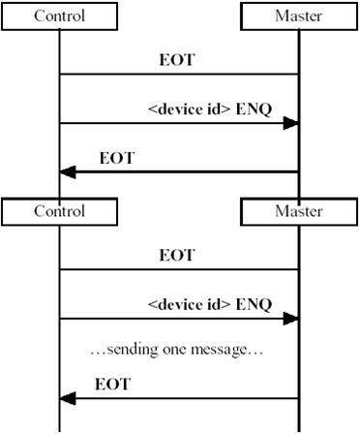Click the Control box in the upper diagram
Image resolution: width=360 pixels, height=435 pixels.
(59, 16)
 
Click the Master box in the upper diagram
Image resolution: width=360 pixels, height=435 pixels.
(298, 16)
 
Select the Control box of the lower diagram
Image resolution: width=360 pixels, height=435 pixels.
(59, 210)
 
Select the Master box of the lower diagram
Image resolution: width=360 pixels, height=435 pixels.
(298, 210)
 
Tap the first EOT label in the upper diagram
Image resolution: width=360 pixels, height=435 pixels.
(176, 60)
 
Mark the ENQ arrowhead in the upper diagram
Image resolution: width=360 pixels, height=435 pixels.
(289, 124)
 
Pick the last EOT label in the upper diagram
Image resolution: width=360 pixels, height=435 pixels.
(117, 158)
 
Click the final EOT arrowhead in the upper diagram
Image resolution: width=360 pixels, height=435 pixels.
(68, 171)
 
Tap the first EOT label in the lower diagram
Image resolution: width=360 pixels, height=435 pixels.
(176, 256)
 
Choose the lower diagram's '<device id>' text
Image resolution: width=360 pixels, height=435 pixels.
(189, 304)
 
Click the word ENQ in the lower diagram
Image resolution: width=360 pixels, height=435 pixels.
(254, 304)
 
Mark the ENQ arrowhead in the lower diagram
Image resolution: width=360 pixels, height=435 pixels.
(289, 317)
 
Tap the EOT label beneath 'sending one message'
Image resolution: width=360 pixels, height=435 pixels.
(112, 385)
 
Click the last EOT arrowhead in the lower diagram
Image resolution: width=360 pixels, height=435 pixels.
(68, 397)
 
